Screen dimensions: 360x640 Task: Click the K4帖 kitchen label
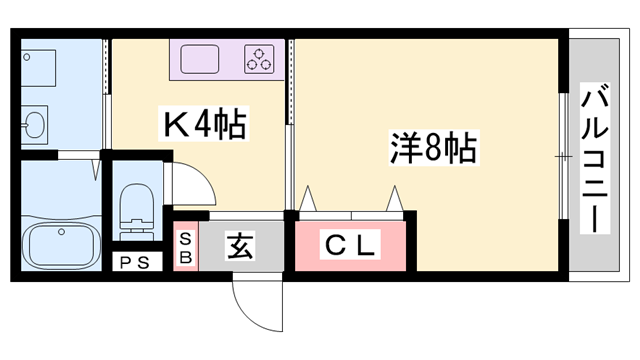click(206, 126)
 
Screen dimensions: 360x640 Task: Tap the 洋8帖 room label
click(432, 150)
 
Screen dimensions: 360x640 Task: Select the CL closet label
click(349, 244)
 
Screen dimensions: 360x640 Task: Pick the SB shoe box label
click(186, 246)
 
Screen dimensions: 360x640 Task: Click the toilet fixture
click(132, 206)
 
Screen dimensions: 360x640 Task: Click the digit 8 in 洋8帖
click(432, 150)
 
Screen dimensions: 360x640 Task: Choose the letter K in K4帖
click(178, 126)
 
